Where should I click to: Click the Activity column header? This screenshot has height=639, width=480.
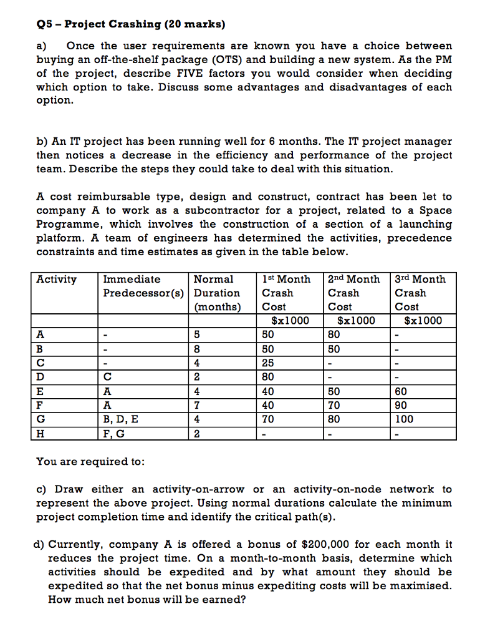pos(57,280)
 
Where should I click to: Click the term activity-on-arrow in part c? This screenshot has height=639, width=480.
pos(194,489)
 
